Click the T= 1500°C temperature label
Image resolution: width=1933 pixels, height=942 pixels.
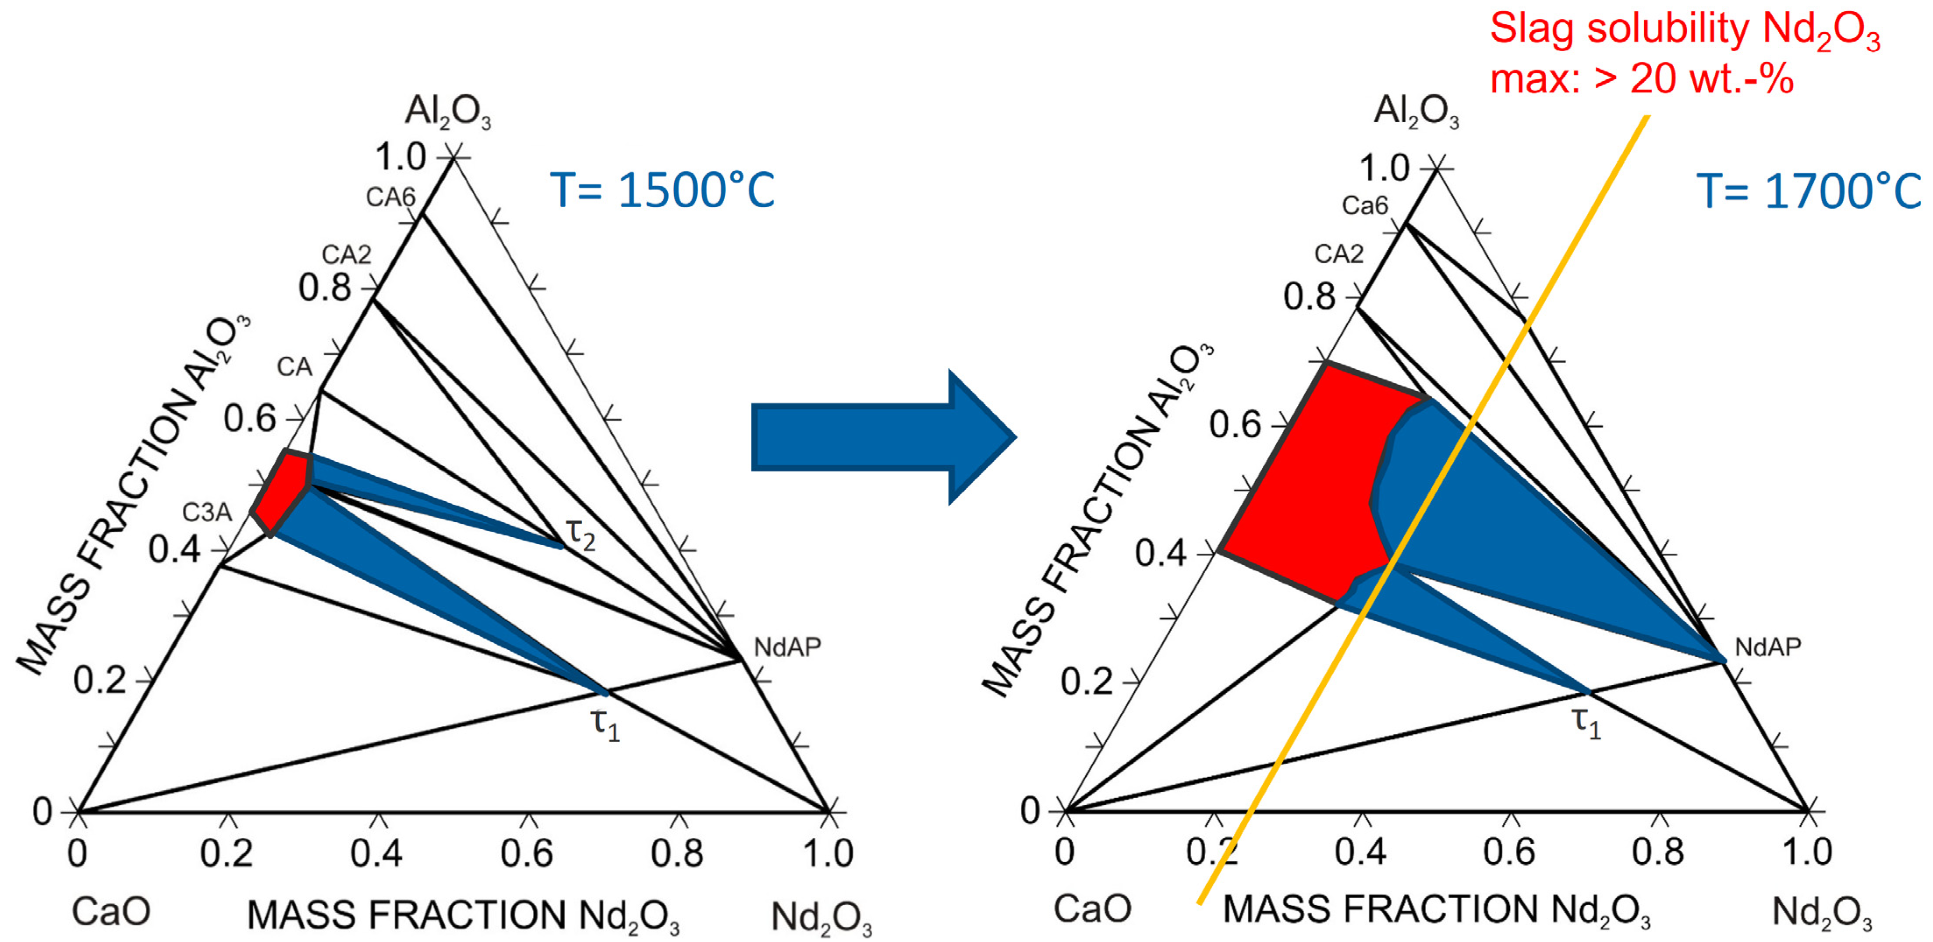pyautogui.click(x=662, y=190)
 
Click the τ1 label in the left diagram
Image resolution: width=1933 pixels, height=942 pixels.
pyautogui.click(x=605, y=724)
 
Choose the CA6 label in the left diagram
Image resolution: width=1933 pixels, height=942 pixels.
pyautogui.click(x=390, y=197)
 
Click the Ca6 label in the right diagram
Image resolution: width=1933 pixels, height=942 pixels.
pyautogui.click(x=1365, y=205)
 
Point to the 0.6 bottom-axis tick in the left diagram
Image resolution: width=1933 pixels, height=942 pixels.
pyautogui.click(x=527, y=853)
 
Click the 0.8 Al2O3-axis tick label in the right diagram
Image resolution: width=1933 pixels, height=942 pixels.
pyautogui.click(x=1310, y=297)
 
